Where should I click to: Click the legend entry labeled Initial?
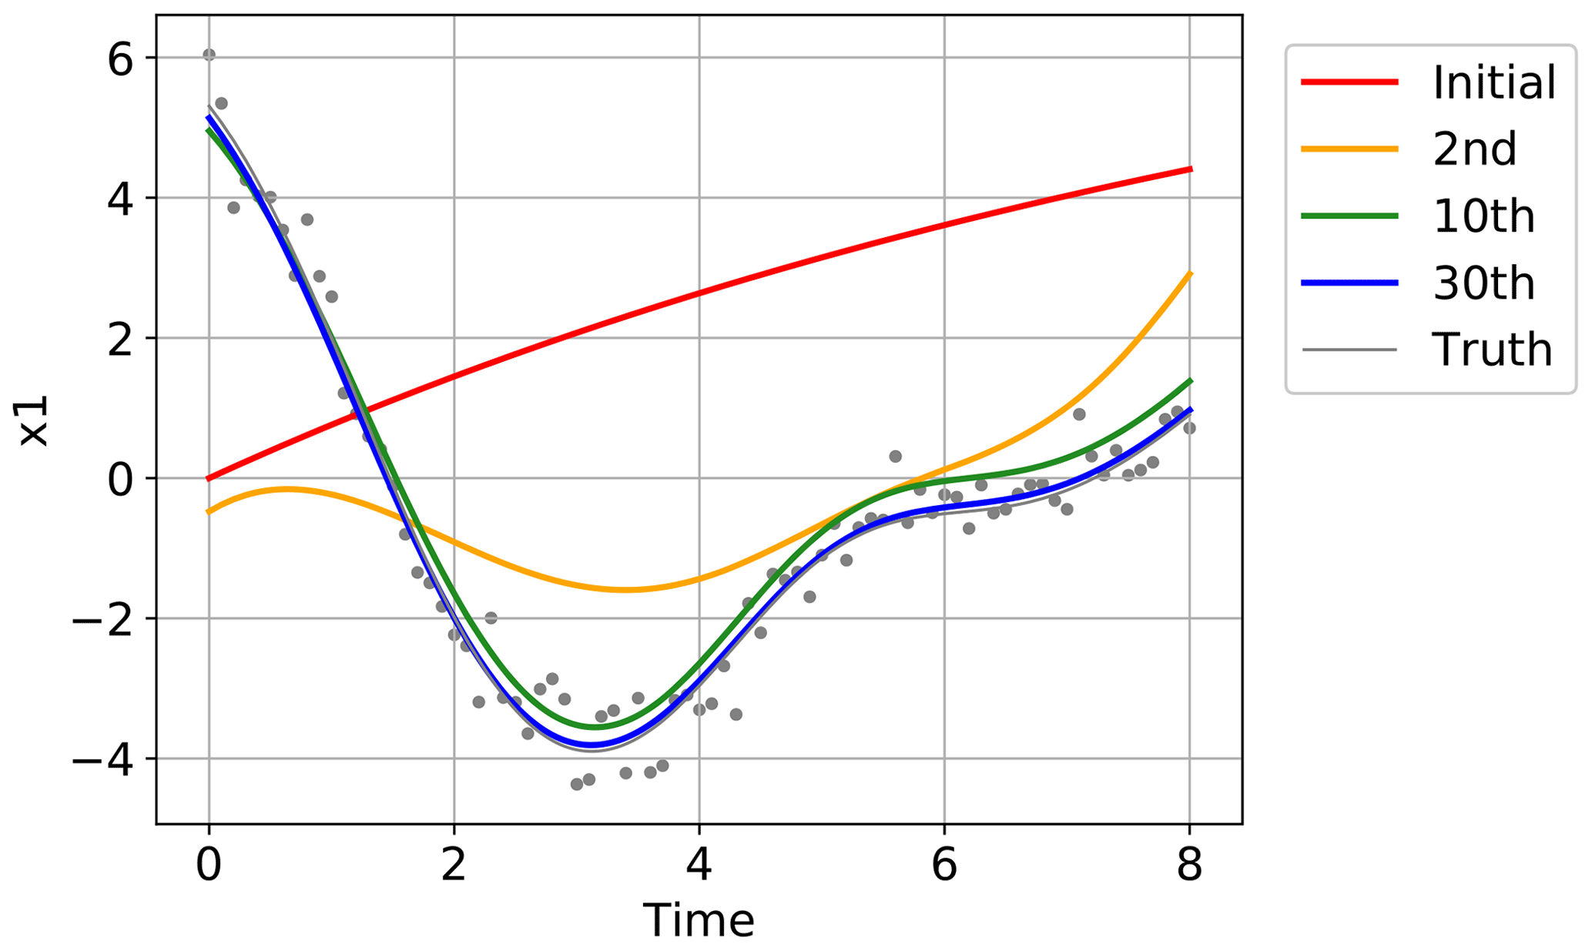1493,82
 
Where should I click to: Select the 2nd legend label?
1474,149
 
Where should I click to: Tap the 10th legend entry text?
1483,216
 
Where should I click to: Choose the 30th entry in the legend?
1483,283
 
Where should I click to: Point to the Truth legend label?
1492,350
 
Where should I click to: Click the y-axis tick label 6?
122,59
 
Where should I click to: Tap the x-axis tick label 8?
1189,866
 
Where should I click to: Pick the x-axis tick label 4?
699,866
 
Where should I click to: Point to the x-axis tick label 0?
209,866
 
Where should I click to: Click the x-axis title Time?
699,921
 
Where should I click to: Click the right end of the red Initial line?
1190,169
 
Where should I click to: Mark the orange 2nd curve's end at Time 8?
1190,273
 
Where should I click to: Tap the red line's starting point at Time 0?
209,478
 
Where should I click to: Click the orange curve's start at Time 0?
209,512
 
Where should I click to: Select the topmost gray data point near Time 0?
209,55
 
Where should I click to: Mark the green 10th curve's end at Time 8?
1190,380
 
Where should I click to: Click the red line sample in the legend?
1349,82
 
